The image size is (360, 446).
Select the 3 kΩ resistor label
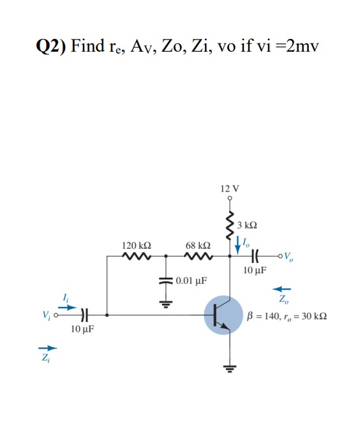(246, 225)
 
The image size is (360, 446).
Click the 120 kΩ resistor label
(136, 245)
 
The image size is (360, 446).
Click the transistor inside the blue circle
(223, 315)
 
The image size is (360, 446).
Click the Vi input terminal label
(47, 315)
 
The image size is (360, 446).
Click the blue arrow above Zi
(49, 348)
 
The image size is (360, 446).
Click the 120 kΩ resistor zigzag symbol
(136, 257)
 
